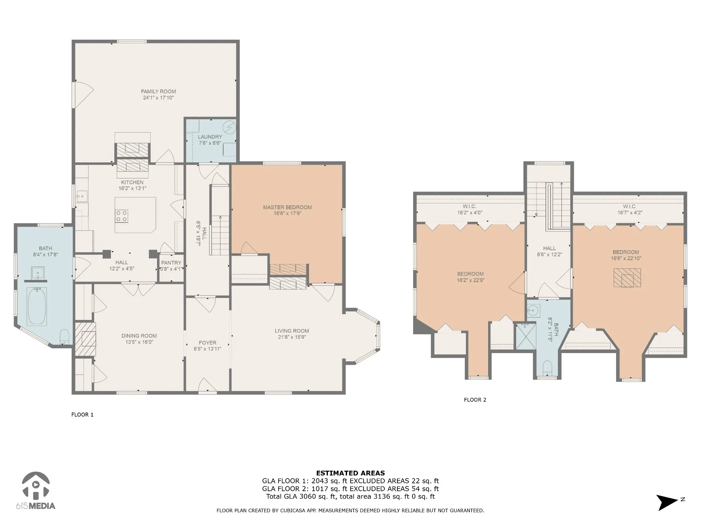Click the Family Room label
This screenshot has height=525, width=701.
(x=158, y=92)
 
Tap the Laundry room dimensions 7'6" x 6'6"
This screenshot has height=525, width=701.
(x=210, y=143)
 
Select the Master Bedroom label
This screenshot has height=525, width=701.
(x=288, y=207)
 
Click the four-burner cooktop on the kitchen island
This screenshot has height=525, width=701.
(x=122, y=216)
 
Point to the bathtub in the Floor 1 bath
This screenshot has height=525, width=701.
(x=37, y=306)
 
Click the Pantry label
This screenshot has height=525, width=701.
(x=171, y=262)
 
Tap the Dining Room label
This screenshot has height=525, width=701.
(x=139, y=336)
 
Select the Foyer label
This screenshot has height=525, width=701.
(x=207, y=342)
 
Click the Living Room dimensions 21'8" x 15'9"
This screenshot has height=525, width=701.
(x=292, y=337)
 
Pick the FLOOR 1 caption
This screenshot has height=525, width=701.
(x=82, y=415)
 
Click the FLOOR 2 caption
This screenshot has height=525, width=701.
(x=475, y=400)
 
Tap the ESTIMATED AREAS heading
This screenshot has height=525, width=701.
(x=350, y=473)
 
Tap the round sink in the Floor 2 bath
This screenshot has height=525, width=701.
(x=533, y=311)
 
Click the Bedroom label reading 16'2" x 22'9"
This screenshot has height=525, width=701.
(x=470, y=277)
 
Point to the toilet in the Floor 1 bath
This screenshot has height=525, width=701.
(x=64, y=337)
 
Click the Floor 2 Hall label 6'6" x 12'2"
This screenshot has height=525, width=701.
(x=549, y=251)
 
